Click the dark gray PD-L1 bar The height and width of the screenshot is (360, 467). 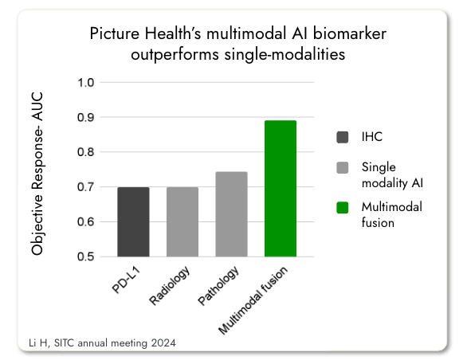(133, 222)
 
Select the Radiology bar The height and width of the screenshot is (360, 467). (182, 222)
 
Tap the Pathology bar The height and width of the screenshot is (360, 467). (231, 214)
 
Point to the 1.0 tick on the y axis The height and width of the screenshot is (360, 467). (86, 83)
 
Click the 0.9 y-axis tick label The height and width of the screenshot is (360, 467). (86, 118)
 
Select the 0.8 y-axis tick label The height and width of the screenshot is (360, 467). (86, 152)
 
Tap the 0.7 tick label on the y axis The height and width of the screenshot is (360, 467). (86, 187)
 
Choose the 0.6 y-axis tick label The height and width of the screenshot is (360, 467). (86, 222)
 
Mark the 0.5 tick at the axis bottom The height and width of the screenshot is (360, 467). (86, 257)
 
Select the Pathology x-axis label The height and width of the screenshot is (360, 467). (218, 284)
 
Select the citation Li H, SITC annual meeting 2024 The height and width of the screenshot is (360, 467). (96, 342)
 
